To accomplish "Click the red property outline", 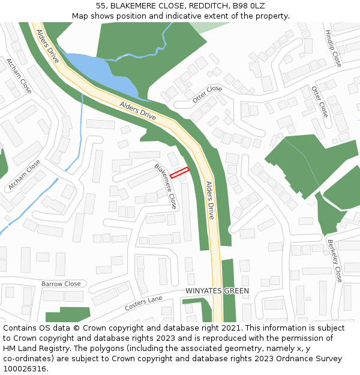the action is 179,173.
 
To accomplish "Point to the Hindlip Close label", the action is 332,49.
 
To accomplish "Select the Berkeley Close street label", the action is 335,261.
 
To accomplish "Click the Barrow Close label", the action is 61,284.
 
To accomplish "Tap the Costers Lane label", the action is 143,303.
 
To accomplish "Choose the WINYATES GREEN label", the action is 217,292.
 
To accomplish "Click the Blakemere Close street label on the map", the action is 166,185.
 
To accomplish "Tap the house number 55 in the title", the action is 100,6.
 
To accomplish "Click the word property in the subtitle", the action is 272,16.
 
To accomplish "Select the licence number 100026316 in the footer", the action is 24,368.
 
